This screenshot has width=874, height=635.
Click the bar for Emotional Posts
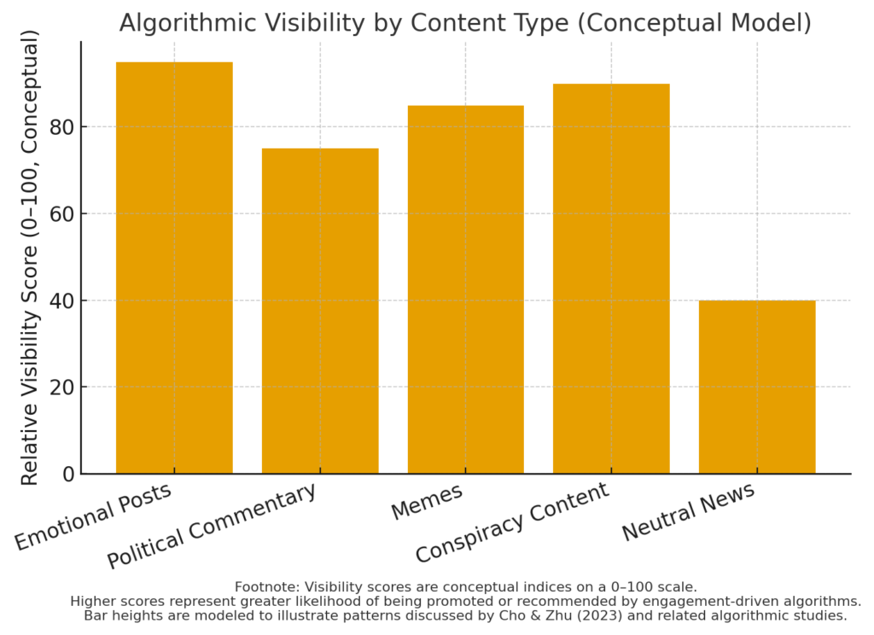tap(174, 268)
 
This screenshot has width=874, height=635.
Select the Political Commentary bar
tap(320, 312)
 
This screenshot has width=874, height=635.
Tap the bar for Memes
tap(465, 290)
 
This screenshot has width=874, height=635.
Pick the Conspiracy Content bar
tap(611, 279)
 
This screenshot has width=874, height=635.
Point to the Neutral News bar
tap(757, 387)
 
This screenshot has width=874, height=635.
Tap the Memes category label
tap(427, 501)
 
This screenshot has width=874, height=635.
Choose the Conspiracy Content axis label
tap(512, 522)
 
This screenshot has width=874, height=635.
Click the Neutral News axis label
tap(688, 511)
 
